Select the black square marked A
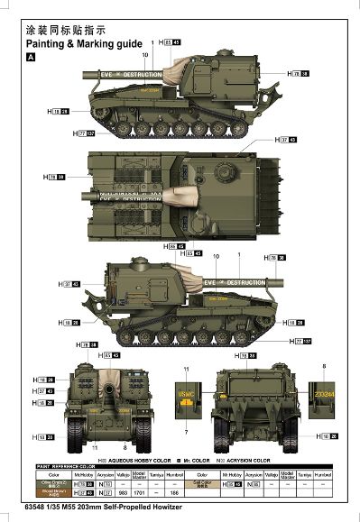(32, 57)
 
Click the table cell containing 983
(123, 494)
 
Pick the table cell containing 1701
(139, 494)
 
